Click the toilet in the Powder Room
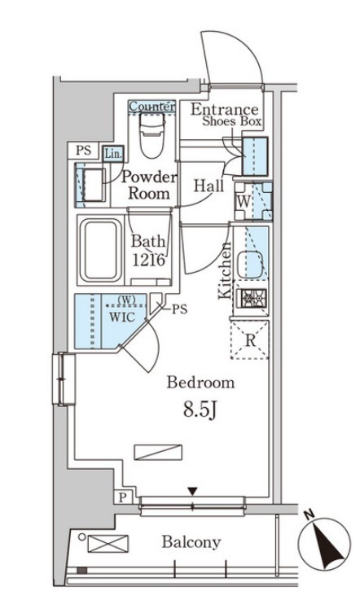152,135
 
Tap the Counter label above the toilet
151,106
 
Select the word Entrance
225,110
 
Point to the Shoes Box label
231,121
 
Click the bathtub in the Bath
101,250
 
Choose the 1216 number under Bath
149,260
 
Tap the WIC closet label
122,317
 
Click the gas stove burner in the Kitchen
253,299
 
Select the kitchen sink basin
250,265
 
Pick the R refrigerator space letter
251,340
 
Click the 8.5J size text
200,410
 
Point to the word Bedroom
201,383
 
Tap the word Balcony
191,542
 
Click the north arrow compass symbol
324,542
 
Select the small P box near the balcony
124,497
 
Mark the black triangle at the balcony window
192,492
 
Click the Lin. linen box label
113,154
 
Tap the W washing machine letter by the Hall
244,201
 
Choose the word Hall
209,186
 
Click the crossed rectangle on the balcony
108,543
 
